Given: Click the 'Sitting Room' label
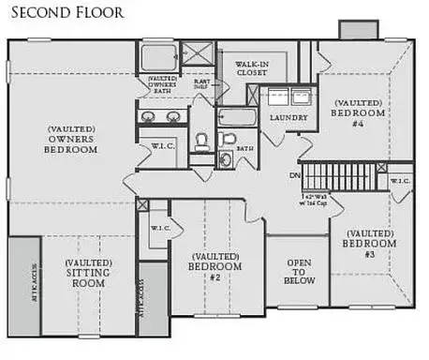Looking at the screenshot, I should [x=90, y=274].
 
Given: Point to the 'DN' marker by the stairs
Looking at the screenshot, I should [x=293, y=174].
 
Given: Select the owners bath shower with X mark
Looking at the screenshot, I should [x=197, y=55].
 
